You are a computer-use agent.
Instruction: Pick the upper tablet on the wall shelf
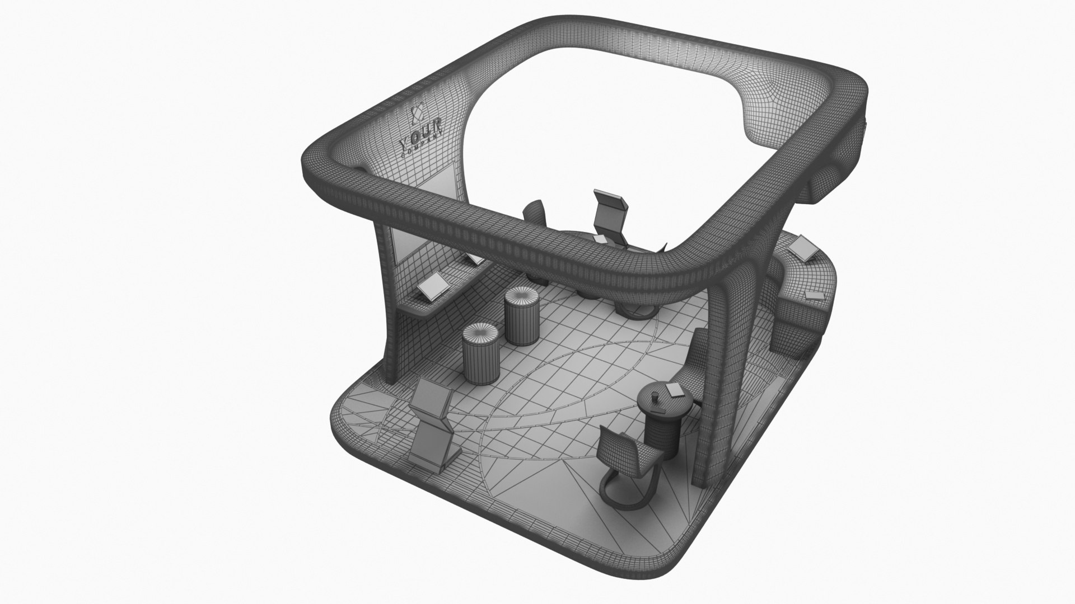(x=474, y=258)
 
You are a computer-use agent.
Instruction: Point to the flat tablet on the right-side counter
(x=815, y=296)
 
